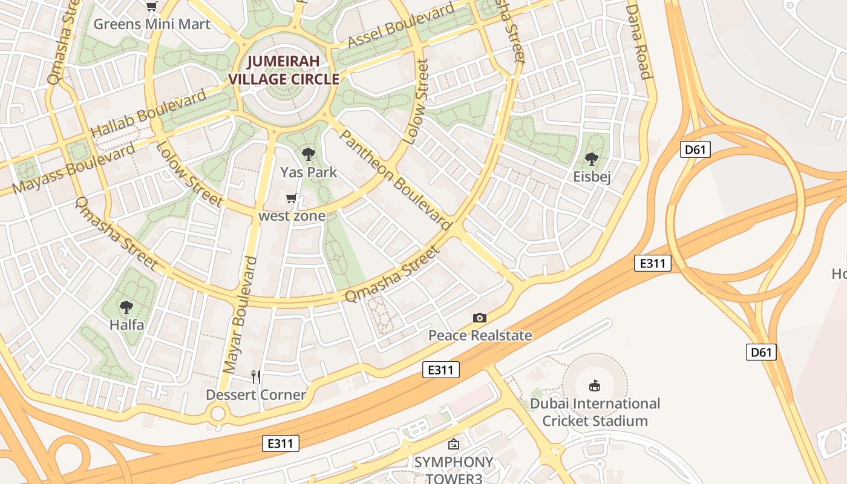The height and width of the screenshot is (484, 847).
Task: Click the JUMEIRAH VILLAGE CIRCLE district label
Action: [283, 70]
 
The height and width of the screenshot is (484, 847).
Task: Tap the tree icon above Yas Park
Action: [309, 154]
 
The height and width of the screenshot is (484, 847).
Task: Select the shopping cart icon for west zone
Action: [292, 198]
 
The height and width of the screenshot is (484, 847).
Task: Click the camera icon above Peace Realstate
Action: [480, 318]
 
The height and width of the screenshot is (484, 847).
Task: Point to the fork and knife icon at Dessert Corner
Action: [256, 377]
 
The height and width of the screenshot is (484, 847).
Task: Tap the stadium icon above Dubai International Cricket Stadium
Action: [595, 385]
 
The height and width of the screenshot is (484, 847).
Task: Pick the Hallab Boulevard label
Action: [148, 114]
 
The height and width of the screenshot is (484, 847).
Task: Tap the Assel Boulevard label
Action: [401, 26]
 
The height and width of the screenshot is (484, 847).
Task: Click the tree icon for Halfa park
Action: [126, 307]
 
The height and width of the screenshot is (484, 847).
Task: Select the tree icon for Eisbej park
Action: [592, 159]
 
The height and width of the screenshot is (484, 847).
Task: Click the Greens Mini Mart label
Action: [152, 24]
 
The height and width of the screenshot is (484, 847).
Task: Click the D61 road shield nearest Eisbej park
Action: [695, 149]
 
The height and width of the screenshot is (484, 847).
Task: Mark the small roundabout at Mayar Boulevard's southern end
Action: [218, 414]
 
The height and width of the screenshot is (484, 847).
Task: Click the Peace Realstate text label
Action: [480, 335]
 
